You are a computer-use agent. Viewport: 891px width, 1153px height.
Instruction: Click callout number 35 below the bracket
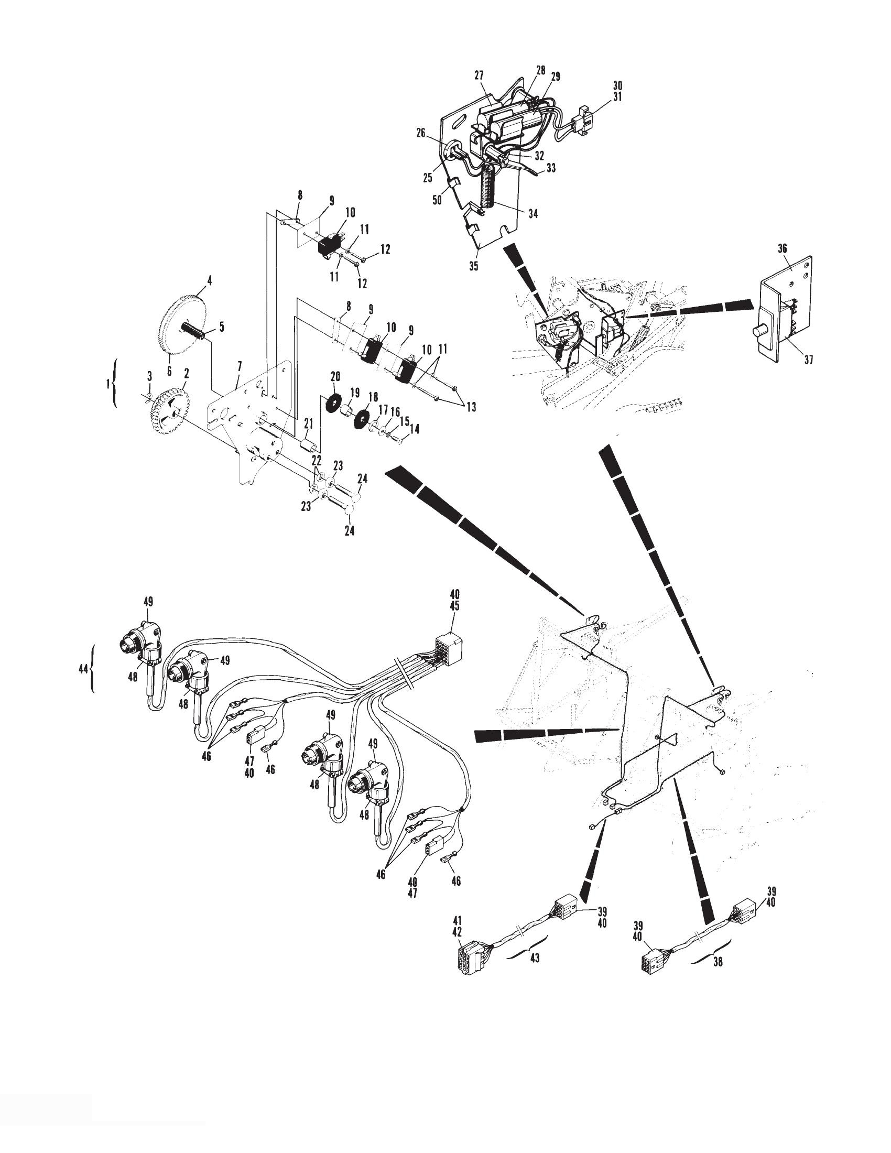click(474, 266)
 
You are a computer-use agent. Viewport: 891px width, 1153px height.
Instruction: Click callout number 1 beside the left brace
click(107, 384)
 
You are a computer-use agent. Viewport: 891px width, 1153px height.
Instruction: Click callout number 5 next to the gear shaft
click(222, 328)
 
